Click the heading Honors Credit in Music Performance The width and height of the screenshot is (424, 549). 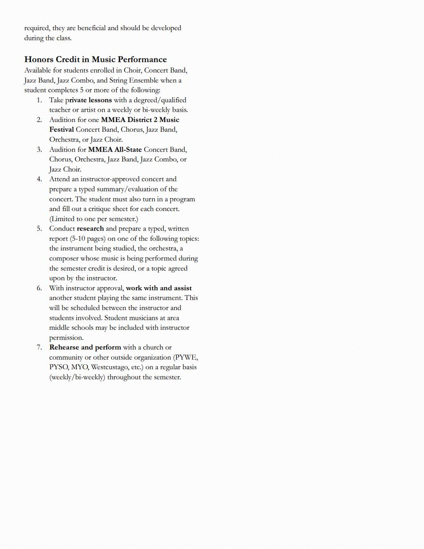(x=95, y=60)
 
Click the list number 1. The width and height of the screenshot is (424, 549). (x=39, y=100)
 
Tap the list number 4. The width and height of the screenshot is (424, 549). (x=39, y=179)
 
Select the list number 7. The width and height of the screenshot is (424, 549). (x=39, y=347)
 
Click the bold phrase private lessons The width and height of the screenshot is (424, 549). (x=89, y=100)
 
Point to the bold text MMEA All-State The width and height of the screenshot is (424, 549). (x=115, y=149)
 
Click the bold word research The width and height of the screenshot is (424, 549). (x=90, y=228)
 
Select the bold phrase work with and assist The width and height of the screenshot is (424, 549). (x=159, y=288)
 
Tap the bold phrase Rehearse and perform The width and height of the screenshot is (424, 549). (x=85, y=347)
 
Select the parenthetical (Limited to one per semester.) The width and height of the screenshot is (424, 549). (x=94, y=219)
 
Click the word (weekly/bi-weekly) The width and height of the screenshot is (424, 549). (x=77, y=377)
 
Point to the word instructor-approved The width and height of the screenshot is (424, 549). (x=110, y=179)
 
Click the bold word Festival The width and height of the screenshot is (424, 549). (x=61, y=130)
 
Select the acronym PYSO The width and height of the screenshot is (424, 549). (x=59, y=367)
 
